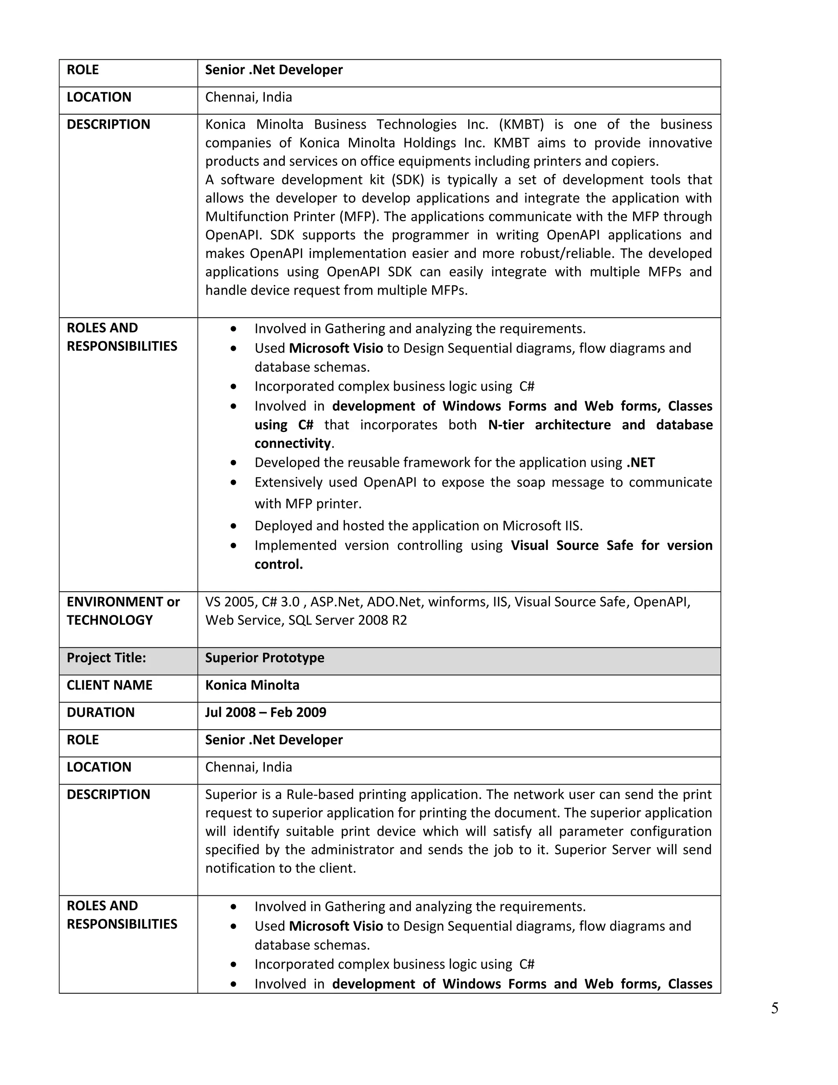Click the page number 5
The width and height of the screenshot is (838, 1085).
point(775,1008)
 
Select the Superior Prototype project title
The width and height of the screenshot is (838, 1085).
point(265,658)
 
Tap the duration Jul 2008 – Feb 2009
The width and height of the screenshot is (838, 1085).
point(266,712)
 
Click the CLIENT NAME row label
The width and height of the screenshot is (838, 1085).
point(109,685)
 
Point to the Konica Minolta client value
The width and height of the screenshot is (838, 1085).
point(252,685)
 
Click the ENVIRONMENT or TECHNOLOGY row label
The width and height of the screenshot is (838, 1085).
point(123,611)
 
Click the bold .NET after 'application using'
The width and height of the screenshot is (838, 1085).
point(640,463)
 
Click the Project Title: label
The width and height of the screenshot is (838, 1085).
point(106,658)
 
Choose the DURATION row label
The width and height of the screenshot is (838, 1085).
point(100,712)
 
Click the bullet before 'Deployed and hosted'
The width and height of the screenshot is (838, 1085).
point(233,526)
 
